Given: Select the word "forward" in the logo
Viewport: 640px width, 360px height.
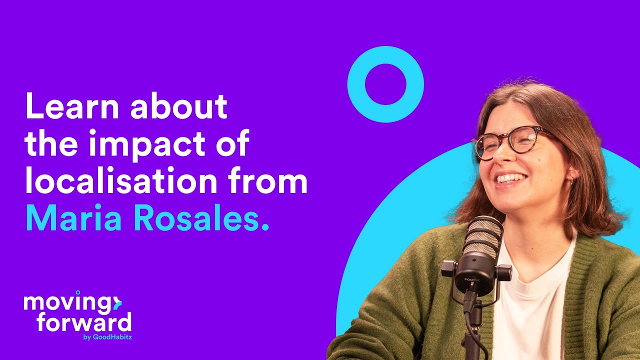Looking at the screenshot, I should click(x=84, y=322).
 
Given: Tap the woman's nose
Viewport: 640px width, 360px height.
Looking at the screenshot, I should click(x=500, y=157).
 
